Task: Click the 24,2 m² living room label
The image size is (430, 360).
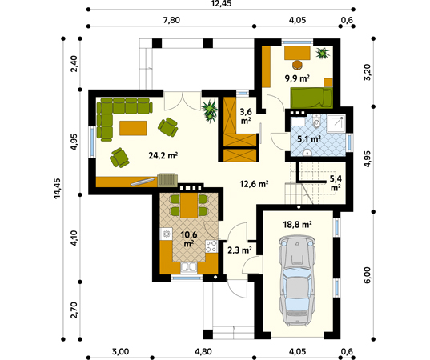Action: tap(163, 156)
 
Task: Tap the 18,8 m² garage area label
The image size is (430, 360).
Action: tap(297, 225)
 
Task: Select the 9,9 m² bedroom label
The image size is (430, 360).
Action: tap(297, 78)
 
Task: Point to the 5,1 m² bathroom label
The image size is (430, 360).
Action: tap(309, 139)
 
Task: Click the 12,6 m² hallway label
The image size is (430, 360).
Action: tap(254, 183)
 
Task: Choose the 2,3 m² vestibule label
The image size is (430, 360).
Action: tap(239, 250)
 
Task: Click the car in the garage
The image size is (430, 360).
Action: tap(297, 279)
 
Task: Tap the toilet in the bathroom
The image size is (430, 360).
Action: tap(317, 122)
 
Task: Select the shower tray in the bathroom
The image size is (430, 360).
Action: tap(336, 123)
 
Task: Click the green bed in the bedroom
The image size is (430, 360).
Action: tap(311, 98)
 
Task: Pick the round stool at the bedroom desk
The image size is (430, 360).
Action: tap(297, 65)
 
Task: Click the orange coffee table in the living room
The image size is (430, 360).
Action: tap(133, 128)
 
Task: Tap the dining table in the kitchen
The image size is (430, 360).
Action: tap(189, 206)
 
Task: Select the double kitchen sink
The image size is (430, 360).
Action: tap(189, 268)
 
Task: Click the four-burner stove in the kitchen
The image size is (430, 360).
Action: tap(211, 246)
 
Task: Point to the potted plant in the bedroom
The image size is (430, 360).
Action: tap(323, 53)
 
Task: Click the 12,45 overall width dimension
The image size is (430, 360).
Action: tap(221, 3)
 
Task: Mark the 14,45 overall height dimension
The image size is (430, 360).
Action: tap(57, 188)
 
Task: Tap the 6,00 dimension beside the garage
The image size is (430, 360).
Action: tap(368, 275)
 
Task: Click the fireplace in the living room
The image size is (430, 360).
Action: tap(167, 180)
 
